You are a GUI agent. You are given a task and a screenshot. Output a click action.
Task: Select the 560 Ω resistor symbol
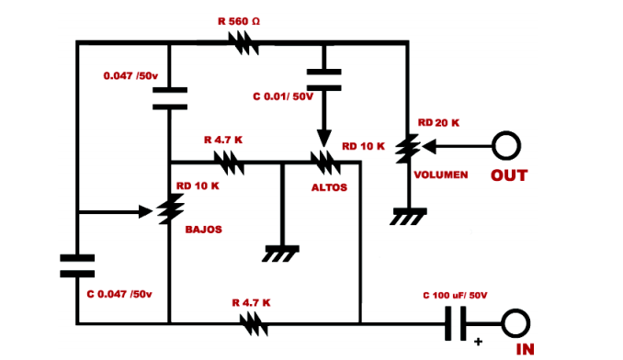click(244, 43)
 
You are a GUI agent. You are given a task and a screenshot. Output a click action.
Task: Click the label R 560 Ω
click(239, 21)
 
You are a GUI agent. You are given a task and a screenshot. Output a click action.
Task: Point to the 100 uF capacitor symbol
click(456, 323)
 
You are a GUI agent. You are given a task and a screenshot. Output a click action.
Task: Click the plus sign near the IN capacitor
click(479, 342)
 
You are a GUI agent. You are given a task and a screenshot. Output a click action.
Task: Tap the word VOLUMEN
click(441, 175)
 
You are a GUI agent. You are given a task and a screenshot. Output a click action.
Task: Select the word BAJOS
click(203, 230)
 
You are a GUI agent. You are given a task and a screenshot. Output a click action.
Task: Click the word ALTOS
click(329, 187)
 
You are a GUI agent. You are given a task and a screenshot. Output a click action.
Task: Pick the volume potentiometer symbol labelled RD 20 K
click(408, 149)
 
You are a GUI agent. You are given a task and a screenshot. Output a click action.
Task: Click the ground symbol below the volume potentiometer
click(408, 217)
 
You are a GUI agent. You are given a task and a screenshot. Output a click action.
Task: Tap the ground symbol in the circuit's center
click(280, 253)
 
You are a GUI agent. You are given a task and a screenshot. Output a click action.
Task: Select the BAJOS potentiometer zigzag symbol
click(170, 209)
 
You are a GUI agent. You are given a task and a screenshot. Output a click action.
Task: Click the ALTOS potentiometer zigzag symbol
click(325, 163)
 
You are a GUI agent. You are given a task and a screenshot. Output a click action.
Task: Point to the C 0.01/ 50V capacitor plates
click(323, 80)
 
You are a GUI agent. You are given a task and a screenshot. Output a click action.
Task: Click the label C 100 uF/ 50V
click(455, 296)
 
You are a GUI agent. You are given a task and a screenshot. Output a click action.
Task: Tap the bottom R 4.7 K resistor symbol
click(254, 323)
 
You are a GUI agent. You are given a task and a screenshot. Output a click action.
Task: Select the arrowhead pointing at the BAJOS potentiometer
click(145, 212)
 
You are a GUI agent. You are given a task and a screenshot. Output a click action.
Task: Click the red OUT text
click(509, 175)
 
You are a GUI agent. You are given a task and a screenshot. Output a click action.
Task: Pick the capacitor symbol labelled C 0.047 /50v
click(77, 266)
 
